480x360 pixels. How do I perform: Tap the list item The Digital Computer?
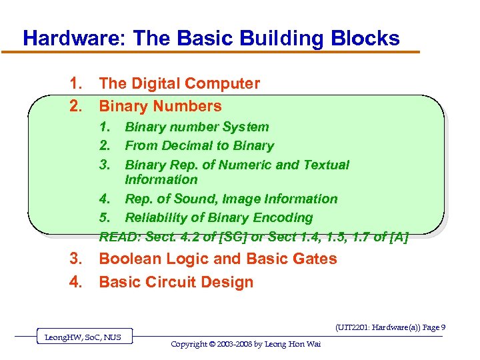pyautogui.click(x=179, y=83)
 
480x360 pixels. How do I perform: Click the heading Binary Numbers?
pyautogui.click(x=160, y=106)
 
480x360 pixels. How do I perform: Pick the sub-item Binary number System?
pyautogui.click(x=197, y=127)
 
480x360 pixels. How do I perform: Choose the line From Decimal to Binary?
pyautogui.click(x=199, y=145)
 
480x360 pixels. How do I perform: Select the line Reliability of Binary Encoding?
pyautogui.click(x=219, y=217)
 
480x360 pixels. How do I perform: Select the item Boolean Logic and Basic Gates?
pyautogui.click(x=218, y=259)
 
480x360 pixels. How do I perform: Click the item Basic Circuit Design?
pyautogui.click(x=176, y=282)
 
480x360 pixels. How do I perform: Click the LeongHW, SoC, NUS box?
pyautogui.click(x=83, y=337)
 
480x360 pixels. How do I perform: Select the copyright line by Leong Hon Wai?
pyautogui.click(x=245, y=344)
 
